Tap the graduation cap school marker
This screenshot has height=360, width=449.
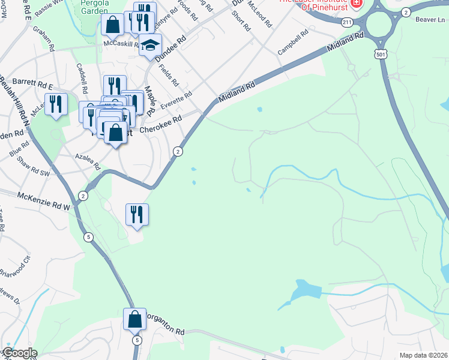(150, 44)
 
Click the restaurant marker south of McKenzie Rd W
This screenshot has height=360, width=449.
(137, 214)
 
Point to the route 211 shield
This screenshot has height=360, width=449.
(346, 22)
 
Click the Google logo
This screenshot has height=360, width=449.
(19, 353)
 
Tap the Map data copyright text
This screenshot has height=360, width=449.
(423, 355)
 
